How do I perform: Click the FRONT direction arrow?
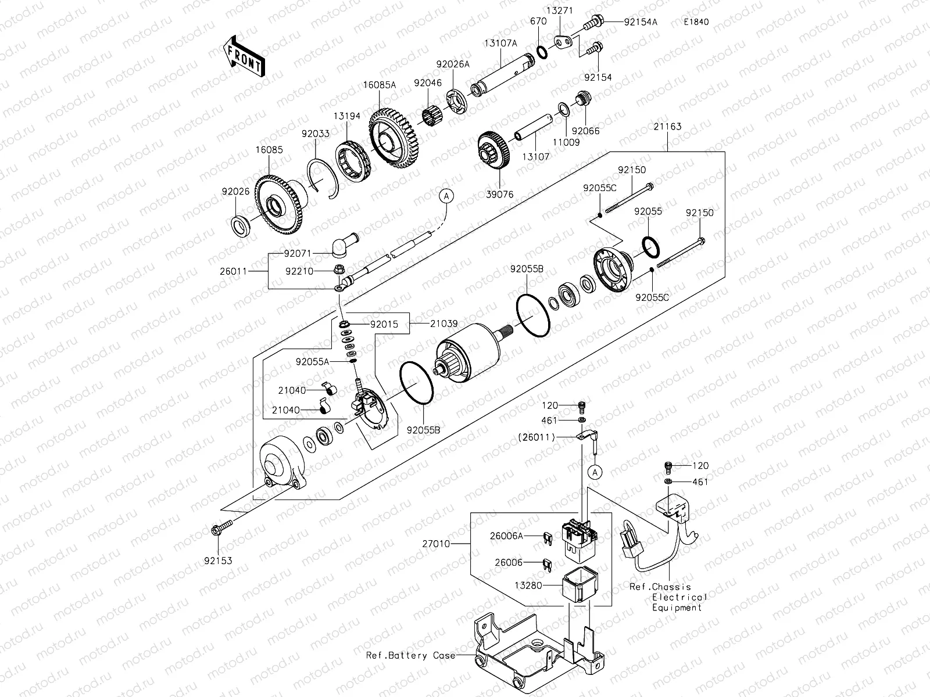pyautogui.click(x=244, y=58)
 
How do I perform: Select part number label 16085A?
pyautogui.click(x=380, y=85)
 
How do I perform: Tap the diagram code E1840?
pyautogui.click(x=696, y=22)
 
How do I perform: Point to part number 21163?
pyautogui.click(x=667, y=127)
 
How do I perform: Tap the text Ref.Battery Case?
pyautogui.click(x=411, y=655)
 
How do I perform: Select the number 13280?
pyautogui.click(x=527, y=585)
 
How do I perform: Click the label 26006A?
pyautogui.click(x=507, y=537)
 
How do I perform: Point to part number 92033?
pyautogui.click(x=316, y=134)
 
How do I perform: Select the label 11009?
pyautogui.click(x=566, y=142)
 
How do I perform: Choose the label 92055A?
pyautogui.click(x=312, y=361)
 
